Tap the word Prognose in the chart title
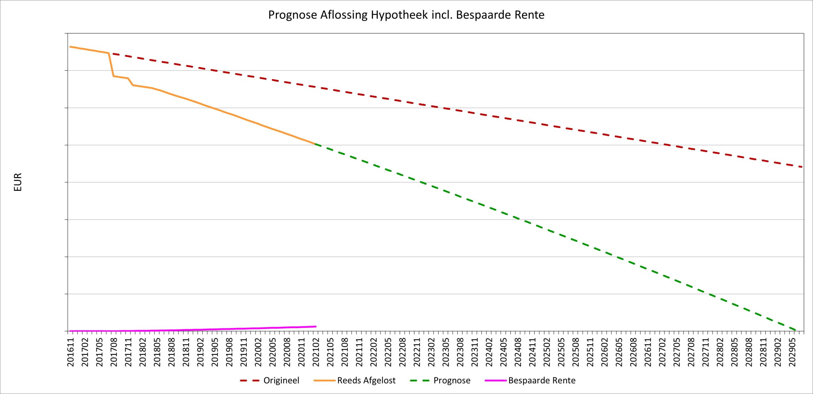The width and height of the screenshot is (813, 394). point(292,15)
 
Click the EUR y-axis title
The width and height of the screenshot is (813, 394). point(18,182)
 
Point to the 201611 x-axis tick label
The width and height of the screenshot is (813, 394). point(71,352)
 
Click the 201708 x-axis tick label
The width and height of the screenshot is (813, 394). point(114,352)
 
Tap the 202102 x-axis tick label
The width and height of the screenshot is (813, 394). point(316,352)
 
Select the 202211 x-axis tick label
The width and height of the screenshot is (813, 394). point(417,352)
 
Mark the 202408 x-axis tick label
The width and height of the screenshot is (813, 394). point(518,352)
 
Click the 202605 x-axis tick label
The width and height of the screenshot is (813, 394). point(619,352)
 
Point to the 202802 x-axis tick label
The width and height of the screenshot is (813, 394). point(720,352)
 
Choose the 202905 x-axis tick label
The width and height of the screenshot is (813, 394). point(792,352)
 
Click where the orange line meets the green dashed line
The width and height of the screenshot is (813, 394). point(315,144)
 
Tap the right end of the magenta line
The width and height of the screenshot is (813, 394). point(316,326)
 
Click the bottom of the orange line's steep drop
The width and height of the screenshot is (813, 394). point(113,76)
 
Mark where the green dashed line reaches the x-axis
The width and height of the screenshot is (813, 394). point(796,330)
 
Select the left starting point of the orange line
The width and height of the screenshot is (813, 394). point(70,47)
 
